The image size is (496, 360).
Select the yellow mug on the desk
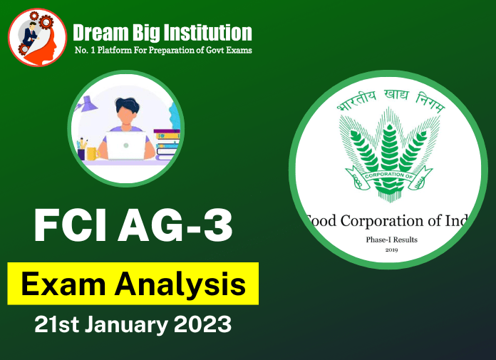click(x=91, y=153)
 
